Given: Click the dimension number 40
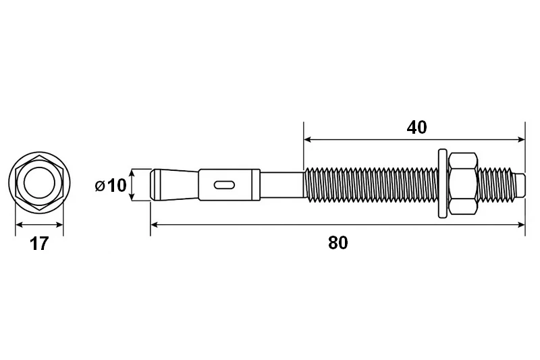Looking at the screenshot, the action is [x=416, y=128].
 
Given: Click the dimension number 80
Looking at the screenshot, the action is [x=338, y=243].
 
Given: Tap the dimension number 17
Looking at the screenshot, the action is [x=39, y=244].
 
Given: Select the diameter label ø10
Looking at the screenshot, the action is [x=111, y=185].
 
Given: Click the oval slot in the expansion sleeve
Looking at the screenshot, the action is [x=224, y=185].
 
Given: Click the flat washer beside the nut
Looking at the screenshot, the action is [x=442, y=183].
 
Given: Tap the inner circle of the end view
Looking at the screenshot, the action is [x=39, y=182].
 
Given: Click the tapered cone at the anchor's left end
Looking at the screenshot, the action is [x=175, y=184].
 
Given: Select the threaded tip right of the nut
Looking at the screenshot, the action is [x=502, y=184].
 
